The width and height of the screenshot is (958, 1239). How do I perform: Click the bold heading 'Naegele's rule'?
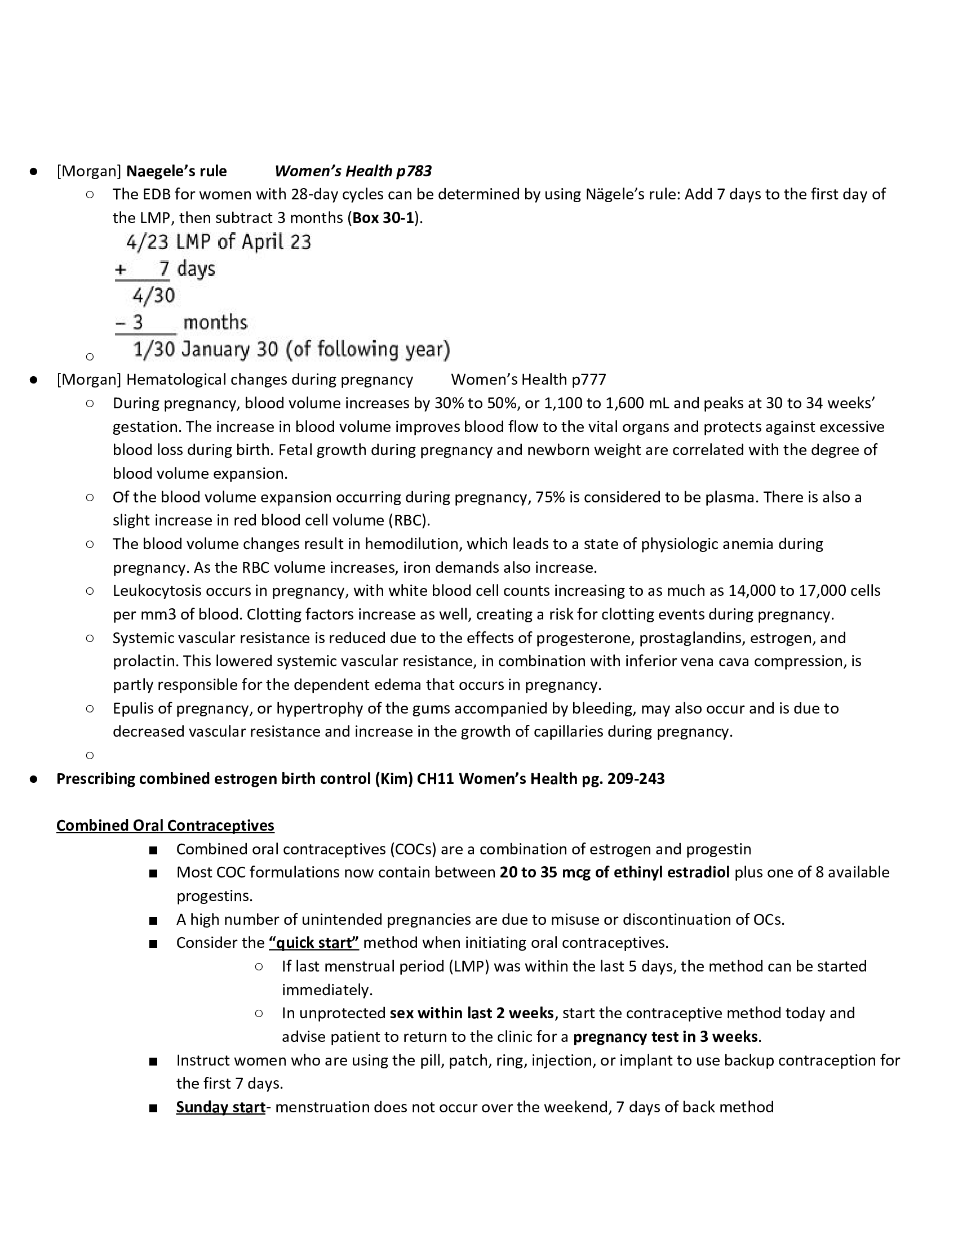click(x=176, y=171)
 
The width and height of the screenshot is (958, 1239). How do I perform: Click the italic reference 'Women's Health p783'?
click(x=353, y=171)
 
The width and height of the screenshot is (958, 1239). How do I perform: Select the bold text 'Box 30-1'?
click(x=383, y=218)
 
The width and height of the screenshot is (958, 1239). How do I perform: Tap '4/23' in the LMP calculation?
click(x=147, y=243)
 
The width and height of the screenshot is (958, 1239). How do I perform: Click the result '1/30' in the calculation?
click(x=153, y=350)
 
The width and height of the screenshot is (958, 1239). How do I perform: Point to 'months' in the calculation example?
click(x=215, y=323)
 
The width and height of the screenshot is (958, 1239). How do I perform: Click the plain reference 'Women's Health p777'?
click(x=528, y=380)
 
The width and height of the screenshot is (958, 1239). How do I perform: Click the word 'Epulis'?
click(x=132, y=708)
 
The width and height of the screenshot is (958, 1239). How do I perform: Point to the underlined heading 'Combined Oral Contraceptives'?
click(x=165, y=826)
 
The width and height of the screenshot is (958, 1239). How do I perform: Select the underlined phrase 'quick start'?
click(x=314, y=943)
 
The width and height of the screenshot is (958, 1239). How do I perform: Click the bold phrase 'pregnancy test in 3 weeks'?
click(x=665, y=1037)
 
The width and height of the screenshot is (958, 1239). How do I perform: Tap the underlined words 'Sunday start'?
click(x=220, y=1107)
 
